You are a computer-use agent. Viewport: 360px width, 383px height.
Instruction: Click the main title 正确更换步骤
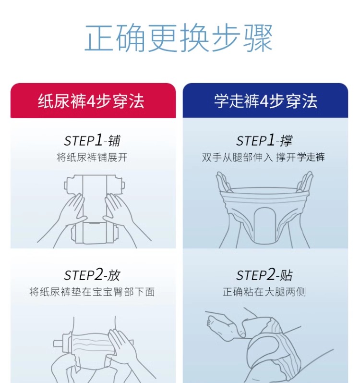[x=179, y=38]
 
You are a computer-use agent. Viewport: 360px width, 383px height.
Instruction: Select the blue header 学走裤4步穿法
[x=265, y=100]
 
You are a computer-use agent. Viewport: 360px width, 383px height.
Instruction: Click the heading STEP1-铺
[x=92, y=140]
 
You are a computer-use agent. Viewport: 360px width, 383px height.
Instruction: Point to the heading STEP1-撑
[x=264, y=140]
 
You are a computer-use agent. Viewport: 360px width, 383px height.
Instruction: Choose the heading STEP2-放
[x=92, y=275]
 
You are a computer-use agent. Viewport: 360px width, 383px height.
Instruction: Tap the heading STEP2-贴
[x=264, y=275]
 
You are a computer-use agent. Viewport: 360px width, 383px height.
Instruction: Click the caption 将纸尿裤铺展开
[x=92, y=158]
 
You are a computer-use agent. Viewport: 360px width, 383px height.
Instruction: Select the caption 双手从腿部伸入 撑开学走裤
[x=264, y=158]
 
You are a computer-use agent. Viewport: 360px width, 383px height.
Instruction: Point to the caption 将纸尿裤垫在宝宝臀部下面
[x=92, y=292]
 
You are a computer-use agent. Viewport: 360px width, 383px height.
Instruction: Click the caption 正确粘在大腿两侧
[x=264, y=292]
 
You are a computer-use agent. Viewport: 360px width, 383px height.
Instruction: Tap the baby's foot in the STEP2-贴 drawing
[x=219, y=323]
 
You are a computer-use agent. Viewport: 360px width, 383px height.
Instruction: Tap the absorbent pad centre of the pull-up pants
[x=264, y=225]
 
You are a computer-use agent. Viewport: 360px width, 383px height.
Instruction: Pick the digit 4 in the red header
[x=91, y=101]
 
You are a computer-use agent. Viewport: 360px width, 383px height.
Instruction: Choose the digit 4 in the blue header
[x=264, y=101]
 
